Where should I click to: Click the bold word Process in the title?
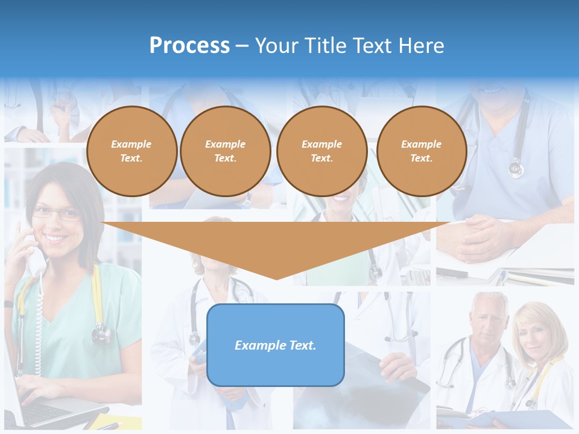tap(189, 46)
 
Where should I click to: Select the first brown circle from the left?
tap(131, 151)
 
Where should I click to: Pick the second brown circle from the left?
tap(225, 151)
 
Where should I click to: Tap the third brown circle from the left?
tap(321, 151)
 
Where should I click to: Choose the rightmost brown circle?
tap(421, 151)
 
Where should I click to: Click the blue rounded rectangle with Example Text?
tap(276, 345)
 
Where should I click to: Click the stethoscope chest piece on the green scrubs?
tap(101, 332)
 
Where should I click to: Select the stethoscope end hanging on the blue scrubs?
tap(516, 168)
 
